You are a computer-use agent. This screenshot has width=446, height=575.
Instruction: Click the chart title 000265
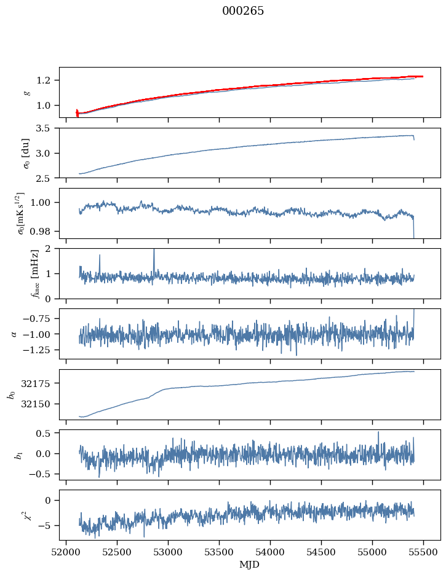(242, 11)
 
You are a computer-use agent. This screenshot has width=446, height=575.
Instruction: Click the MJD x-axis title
(249, 565)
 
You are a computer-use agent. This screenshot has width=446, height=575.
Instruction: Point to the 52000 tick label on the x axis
(66, 553)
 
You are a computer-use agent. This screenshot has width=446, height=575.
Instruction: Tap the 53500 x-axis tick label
(219, 553)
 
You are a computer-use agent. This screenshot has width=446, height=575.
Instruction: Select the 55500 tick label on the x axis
(423, 553)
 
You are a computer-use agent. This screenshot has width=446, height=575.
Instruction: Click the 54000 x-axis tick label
(270, 553)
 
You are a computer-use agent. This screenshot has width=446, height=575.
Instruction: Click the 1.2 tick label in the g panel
(43, 80)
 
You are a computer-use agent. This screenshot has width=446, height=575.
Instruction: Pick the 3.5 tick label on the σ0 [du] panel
(43, 128)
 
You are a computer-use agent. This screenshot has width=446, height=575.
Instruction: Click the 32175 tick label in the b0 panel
(38, 383)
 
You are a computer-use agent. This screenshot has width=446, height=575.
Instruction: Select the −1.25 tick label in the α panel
(36, 350)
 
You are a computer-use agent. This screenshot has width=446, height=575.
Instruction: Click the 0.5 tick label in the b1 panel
(43, 433)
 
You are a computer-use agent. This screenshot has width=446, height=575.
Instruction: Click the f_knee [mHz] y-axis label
(35, 273)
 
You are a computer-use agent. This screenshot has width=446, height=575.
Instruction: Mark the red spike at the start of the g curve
(77, 113)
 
